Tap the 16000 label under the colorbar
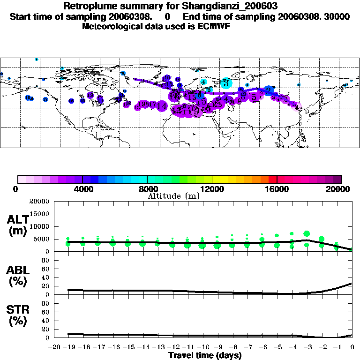[277, 189]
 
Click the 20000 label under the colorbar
[341, 189]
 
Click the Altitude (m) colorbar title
[173, 196]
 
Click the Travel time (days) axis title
[204, 355]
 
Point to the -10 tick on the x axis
[202, 347]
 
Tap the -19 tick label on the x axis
[68, 347]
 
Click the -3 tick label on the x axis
[307, 347]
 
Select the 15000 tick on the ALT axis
[39, 214]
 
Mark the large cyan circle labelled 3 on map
[226, 83]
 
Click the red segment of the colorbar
[272, 179]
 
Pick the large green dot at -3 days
[307, 233]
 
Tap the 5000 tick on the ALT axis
[41, 239]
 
